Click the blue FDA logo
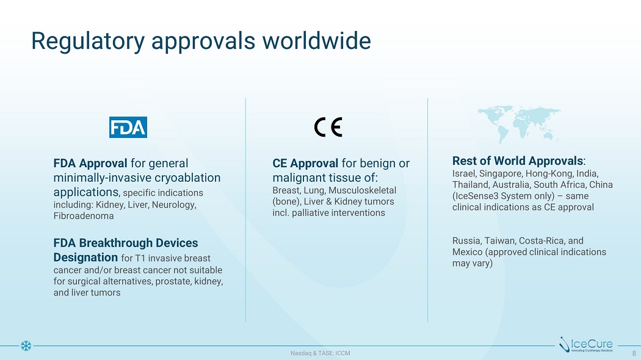[x=128, y=127]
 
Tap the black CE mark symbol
[x=328, y=127]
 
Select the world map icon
[x=519, y=124]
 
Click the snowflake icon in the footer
[x=26, y=346]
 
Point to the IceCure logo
[x=586, y=345]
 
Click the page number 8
[x=634, y=353]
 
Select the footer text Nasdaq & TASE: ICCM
[x=320, y=353]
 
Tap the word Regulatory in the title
[x=88, y=42]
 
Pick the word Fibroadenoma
[x=84, y=216]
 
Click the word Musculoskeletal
[x=362, y=190]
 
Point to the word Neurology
[x=174, y=205]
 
